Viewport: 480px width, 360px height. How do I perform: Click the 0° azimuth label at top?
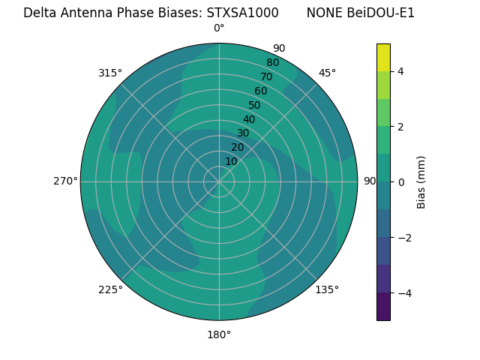[219, 28]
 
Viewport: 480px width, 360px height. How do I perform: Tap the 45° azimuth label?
[327, 73]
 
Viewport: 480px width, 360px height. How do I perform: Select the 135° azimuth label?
[327, 289]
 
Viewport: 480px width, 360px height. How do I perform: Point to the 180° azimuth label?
[219, 334]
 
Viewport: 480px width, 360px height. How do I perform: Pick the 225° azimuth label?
[110, 289]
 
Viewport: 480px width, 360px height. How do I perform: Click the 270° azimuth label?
[65, 181]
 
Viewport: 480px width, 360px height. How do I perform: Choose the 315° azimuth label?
[110, 73]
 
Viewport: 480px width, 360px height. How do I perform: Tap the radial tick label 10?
[231, 161]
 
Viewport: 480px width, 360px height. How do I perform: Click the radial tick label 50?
[254, 106]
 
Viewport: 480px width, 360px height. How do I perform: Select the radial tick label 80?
[272, 62]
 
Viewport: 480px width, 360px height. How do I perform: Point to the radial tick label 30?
[243, 133]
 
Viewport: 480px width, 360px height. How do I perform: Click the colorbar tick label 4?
[400, 71]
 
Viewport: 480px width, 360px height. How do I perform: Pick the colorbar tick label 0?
[400, 182]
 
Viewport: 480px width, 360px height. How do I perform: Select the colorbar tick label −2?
[403, 238]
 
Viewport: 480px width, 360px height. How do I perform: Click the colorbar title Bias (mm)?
[421, 182]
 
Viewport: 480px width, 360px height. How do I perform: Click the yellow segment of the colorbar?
[383, 57]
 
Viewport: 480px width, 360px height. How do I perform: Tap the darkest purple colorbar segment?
[383, 307]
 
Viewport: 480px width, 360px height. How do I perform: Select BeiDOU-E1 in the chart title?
[381, 13]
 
